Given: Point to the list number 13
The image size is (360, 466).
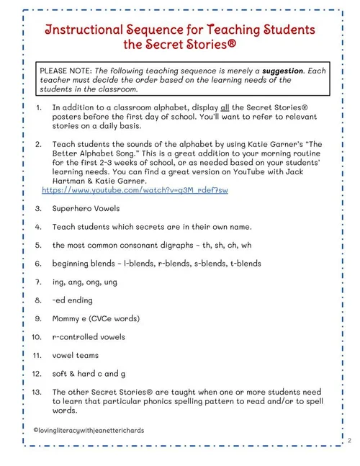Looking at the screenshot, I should click(x=40, y=392).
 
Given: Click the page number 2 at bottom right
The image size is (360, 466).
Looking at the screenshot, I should click(x=348, y=439).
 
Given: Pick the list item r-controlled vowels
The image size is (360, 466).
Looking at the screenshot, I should click(x=89, y=336).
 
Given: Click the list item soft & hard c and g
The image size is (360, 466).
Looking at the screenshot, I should click(x=89, y=373).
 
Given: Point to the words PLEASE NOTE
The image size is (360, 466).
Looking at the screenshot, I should click(x=66, y=71).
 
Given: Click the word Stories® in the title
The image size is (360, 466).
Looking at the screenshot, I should click(x=204, y=47).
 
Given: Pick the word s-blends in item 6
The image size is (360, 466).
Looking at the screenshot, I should click(x=204, y=264).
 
